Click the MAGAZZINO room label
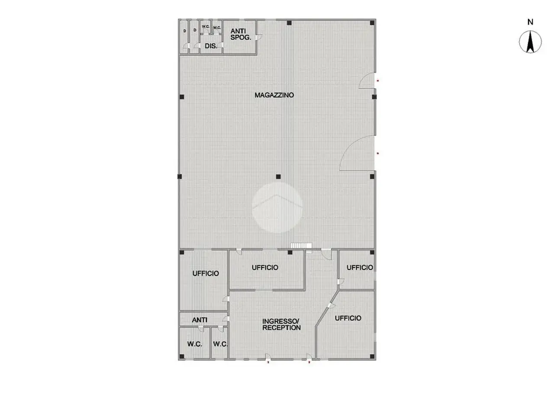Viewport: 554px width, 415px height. pyautogui.click(x=274, y=95)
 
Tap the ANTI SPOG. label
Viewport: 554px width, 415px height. pyautogui.click(x=241, y=34)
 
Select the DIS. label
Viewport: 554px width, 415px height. pyautogui.click(x=211, y=46)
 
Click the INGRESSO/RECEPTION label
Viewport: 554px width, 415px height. pyautogui.click(x=281, y=324)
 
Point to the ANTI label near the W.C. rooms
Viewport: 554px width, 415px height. pyautogui.click(x=200, y=320)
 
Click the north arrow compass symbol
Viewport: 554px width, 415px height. pyautogui.click(x=530, y=42)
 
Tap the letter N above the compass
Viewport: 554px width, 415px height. pyautogui.click(x=530, y=22)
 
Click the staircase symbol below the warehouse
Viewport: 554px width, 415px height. pyautogui.click(x=301, y=246)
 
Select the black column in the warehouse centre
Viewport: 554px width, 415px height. pyautogui.click(x=278, y=177)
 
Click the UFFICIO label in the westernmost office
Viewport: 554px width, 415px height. pyautogui.click(x=206, y=273)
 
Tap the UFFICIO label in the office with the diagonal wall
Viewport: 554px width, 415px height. pyautogui.click(x=348, y=318)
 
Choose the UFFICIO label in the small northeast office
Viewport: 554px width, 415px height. pyautogui.click(x=360, y=268)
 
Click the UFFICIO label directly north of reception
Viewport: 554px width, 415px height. pyautogui.click(x=265, y=268)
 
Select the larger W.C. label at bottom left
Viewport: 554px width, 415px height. pyautogui.click(x=195, y=344)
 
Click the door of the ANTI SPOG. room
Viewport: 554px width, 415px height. pyautogui.click(x=259, y=37)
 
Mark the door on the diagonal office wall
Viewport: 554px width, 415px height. pyautogui.click(x=331, y=306)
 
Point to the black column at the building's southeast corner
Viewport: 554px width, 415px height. pyautogui.click(x=372, y=356)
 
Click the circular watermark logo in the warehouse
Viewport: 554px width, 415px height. pyautogui.click(x=277, y=207)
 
